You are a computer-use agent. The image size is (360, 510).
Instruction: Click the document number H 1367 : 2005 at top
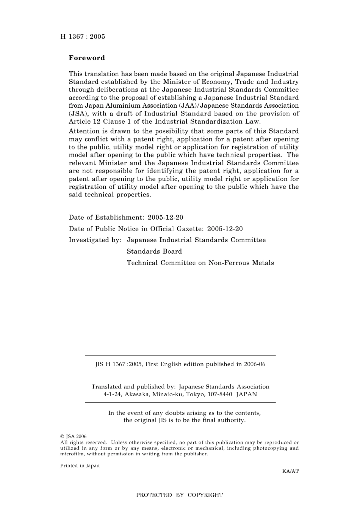[83, 37]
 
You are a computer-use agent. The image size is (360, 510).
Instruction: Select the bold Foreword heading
[87, 58]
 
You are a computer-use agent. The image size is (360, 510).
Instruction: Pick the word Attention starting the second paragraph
[84, 131]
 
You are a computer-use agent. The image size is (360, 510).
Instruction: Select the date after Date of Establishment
[165, 217]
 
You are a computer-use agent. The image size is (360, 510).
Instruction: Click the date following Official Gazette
[225, 229]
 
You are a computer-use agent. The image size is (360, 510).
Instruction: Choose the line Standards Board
[154, 251]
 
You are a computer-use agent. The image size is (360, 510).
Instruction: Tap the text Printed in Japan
[80, 466]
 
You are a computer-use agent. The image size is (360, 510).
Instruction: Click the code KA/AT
[290, 471]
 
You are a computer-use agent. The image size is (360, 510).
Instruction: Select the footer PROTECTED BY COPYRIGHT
[179, 495]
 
